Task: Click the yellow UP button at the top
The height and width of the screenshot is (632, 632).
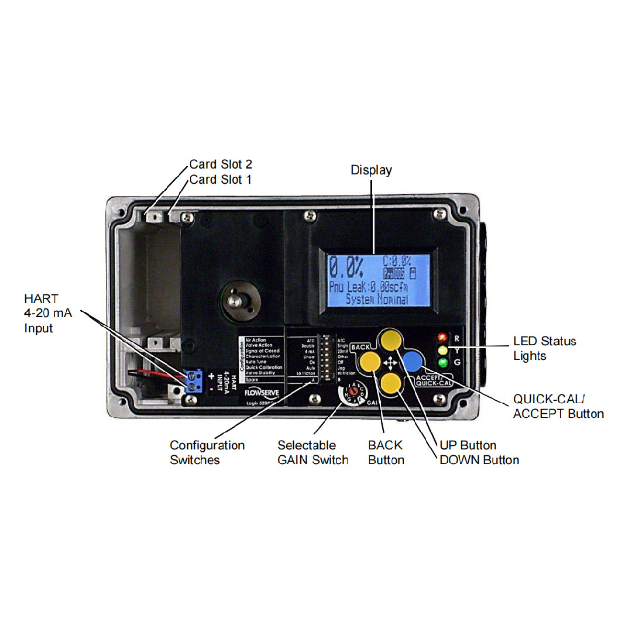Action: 390,339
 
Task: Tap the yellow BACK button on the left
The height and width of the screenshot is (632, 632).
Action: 370,362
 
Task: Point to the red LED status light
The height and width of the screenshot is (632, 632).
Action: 442,338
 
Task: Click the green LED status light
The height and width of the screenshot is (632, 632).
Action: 442,363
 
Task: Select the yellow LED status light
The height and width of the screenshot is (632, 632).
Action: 442,351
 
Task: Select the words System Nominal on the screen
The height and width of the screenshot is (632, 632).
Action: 377,299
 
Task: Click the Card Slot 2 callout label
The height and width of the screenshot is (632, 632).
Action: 221,164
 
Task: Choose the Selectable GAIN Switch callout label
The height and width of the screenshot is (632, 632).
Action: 312,452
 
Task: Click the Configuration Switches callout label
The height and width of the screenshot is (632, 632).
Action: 207,452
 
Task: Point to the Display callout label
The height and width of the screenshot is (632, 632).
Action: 371,170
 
